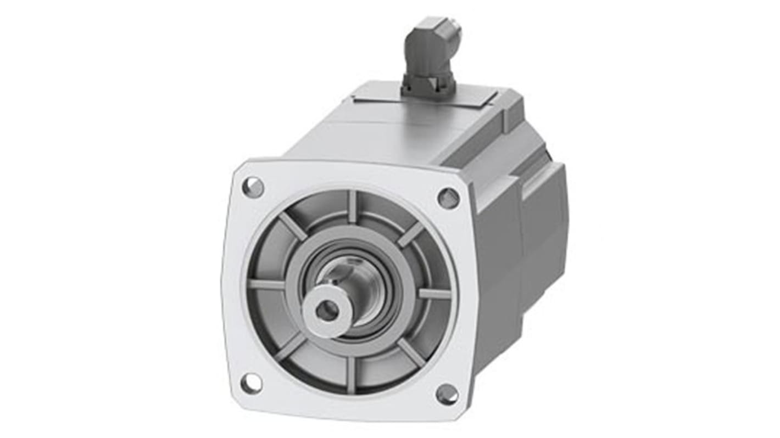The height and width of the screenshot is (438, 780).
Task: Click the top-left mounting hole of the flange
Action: pyautogui.click(x=253, y=187)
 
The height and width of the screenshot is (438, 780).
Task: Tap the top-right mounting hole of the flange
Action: pyautogui.click(x=448, y=198)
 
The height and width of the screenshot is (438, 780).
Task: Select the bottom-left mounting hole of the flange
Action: pyautogui.click(x=252, y=383)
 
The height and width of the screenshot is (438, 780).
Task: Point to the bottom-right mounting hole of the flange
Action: pyautogui.click(x=447, y=394)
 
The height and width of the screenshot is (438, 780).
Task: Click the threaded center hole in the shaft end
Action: pyautogui.click(x=327, y=311)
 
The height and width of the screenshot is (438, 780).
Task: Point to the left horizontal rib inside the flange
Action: pyautogui.click(x=266, y=284)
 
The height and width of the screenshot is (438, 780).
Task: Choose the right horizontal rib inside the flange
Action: pyautogui.click(x=434, y=294)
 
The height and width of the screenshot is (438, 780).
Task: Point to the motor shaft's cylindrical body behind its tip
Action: pyautogui.click(x=357, y=280)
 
